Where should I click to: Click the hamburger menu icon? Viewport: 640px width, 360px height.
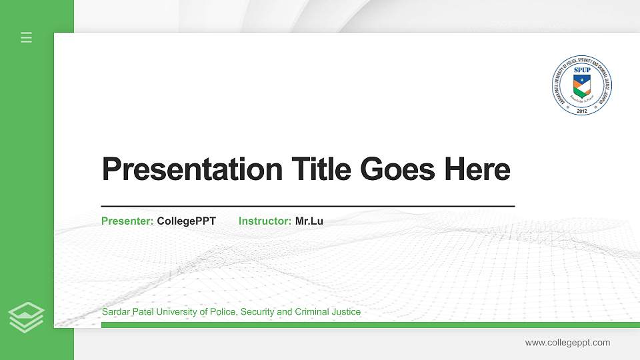point(27,38)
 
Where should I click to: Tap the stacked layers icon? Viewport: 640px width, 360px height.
point(27,317)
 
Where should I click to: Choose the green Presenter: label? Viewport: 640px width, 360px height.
point(127,221)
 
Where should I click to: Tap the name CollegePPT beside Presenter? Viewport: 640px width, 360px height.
point(186,221)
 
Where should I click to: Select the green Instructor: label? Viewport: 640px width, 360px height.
point(265,221)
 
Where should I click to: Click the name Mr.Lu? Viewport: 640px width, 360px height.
point(309,221)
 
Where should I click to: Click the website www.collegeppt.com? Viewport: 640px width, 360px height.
point(567,343)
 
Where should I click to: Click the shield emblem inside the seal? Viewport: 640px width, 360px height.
point(582,85)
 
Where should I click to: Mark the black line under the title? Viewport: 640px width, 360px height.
point(307,207)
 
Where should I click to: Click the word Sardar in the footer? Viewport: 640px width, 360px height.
point(115,312)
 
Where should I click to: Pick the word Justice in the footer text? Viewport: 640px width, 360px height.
point(345,312)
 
